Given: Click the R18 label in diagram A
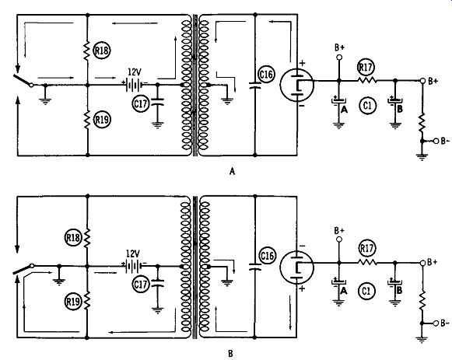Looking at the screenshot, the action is point(102,51).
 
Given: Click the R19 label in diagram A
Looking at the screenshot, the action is point(102,120).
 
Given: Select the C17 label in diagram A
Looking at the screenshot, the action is point(141,103).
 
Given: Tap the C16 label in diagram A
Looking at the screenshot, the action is point(266,75).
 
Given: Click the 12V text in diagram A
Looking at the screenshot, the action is point(135,72).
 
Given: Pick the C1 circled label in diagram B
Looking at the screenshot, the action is point(366,291).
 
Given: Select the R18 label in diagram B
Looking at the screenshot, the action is point(73,238).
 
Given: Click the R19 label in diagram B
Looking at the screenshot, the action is point(73,302).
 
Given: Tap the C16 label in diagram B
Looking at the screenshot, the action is point(267,256).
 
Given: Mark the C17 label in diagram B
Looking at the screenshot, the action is point(141,285).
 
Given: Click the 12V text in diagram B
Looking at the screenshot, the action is point(132,253).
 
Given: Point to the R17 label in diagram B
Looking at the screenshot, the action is point(366,248).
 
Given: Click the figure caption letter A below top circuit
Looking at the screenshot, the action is point(232,172).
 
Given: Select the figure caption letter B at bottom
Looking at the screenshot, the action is point(230,353).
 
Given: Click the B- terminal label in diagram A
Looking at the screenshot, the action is point(445,141).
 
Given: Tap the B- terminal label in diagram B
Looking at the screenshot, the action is point(445,323).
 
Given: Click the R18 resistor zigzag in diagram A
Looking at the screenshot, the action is point(87,51).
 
